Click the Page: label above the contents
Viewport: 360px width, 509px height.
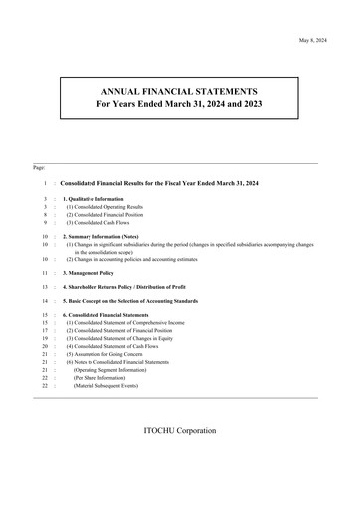pos(39,168)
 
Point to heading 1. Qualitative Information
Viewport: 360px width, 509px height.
pos(100,198)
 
